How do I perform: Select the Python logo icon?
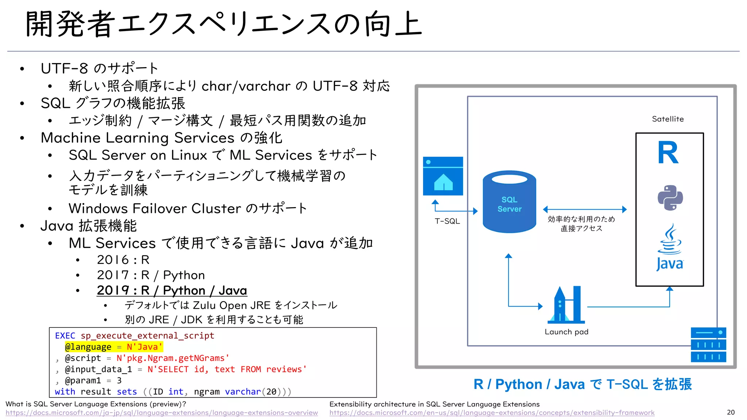[670, 198]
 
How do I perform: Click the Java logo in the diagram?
[670, 248]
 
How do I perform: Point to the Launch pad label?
[566, 332]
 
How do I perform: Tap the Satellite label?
[667, 119]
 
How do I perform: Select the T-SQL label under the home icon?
[447, 221]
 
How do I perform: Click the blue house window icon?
[443, 176]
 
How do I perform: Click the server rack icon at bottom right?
[708, 345]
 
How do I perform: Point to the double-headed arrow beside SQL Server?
[584, 209]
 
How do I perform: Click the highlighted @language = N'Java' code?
[113, 347]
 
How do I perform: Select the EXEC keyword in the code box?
[65, 336]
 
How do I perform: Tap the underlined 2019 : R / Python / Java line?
[172, 291]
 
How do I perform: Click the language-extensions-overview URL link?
[162, 413]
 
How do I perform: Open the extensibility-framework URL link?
[492, 413]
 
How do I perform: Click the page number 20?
[731, 412]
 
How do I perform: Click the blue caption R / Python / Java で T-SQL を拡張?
[582, 384]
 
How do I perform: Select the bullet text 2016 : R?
[123, 260]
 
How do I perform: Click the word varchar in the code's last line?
[243, 392]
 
